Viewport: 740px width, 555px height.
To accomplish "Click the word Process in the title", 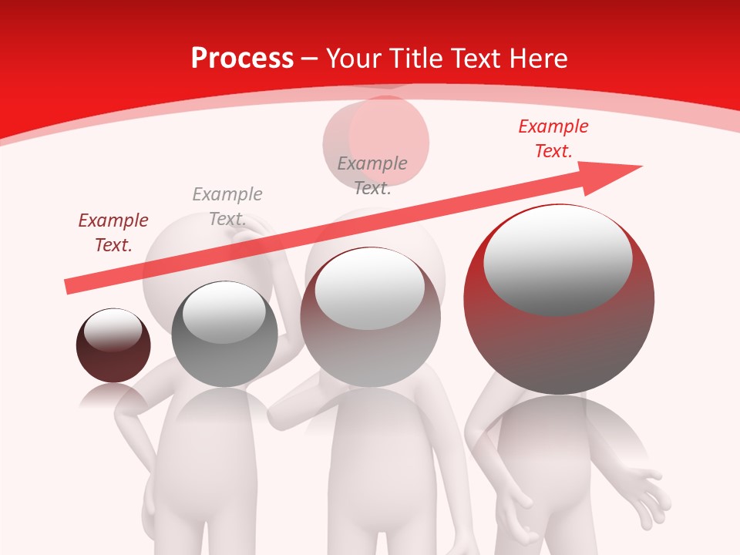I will (x=242, y=58).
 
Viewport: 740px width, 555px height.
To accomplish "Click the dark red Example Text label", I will (x=113, y=233).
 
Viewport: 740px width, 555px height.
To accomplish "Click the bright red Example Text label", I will (x=553, y=139).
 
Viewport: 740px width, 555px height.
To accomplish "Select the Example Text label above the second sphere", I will (x=227, y=207).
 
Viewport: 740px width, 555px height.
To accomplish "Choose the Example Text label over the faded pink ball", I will (x=372, y=176).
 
